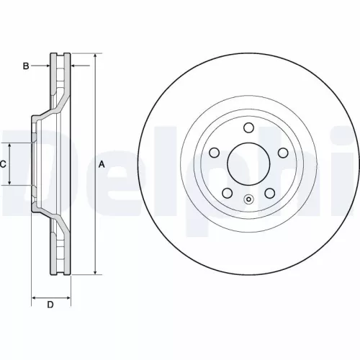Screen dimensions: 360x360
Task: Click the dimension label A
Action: [102, 164]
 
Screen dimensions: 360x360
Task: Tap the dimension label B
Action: [25, 66]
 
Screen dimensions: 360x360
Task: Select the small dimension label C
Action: [3, 164]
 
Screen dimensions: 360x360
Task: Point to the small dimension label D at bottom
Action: [50, 305]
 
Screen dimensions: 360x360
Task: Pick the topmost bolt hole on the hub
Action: [248, 128]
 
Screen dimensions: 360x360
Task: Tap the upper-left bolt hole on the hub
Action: [215, 153]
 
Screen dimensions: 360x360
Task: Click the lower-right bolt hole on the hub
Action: [269, 193]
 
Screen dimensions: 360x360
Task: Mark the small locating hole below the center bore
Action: [248, 201]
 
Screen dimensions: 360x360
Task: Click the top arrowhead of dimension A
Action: [94, 56]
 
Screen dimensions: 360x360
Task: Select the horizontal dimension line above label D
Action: [50, 296]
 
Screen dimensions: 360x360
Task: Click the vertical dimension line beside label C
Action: [9, 164]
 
